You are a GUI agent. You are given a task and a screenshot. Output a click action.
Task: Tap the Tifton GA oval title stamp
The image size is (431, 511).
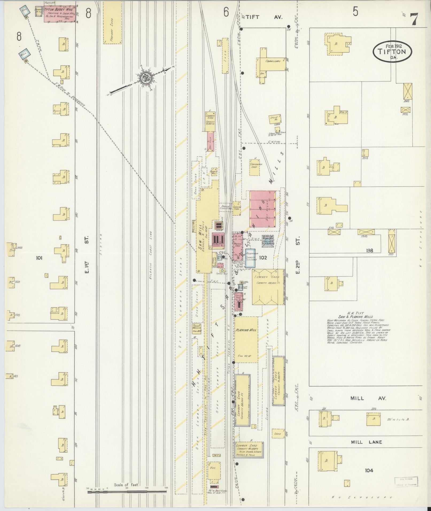coord(392,52)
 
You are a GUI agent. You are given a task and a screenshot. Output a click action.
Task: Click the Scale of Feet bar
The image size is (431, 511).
coord(127,491)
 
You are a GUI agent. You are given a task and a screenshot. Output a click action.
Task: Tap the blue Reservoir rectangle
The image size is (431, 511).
coord(251,258)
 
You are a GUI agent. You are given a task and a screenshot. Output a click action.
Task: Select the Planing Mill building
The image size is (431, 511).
coord(246,339)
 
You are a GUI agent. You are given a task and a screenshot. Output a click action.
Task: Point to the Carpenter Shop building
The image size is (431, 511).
coord(255,167)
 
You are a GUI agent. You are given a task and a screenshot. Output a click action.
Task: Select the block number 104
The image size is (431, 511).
coord(369,470)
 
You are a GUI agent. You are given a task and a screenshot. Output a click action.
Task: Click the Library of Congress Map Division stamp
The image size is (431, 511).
coord(406,481)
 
